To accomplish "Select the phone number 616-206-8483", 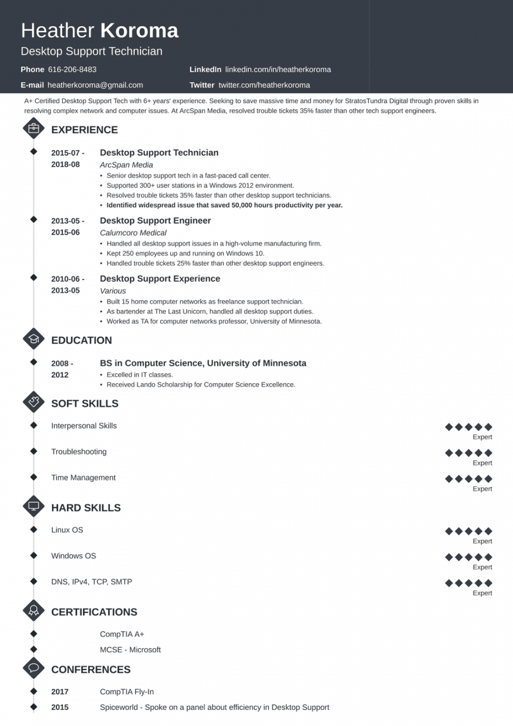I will click(72, 69).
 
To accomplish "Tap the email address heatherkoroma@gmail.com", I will click(95, 85).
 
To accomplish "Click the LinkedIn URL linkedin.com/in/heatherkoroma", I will click(278, 69).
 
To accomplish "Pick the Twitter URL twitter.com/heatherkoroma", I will click(264, 85).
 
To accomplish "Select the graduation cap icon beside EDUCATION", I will click(33, 339).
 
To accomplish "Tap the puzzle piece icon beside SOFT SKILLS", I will click(33, 402).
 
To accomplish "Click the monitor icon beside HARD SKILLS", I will click(33, 506).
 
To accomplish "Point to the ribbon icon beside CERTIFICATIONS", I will click(33, 611).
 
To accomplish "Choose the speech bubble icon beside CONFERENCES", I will click(33, 668).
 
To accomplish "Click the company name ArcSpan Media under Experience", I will click(126, 165).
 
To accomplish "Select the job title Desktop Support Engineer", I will click(155, 221).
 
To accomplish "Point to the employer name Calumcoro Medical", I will click(133, 233).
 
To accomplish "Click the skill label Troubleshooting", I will click(79, 452).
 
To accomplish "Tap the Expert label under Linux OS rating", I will click(482, 541).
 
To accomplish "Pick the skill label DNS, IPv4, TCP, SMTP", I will click(92, 582).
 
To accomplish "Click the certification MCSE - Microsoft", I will click(130, 649).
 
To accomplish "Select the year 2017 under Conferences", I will click(60, 691).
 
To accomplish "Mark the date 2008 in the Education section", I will click(60, 364).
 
